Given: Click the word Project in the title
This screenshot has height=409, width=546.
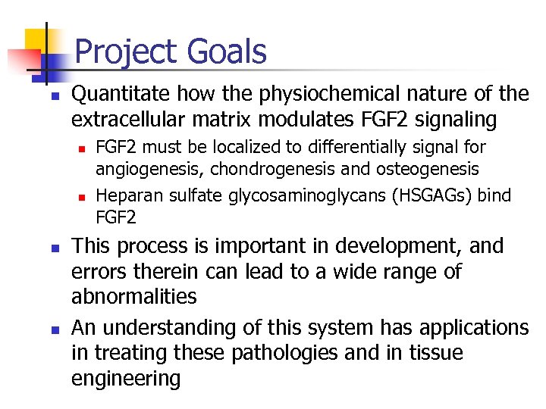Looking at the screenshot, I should coord(125,52).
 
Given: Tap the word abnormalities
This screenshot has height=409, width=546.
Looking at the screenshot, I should coord(133,296).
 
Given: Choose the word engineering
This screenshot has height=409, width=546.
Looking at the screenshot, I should coord(126,379).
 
